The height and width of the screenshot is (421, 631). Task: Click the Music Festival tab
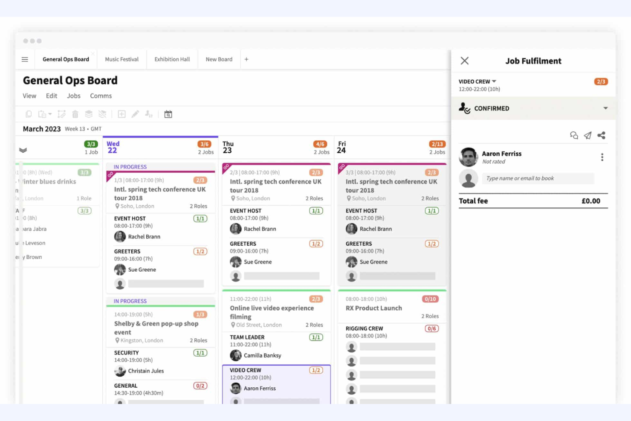[x=122, y=59]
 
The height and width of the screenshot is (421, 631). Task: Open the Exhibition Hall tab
[x=172, y=59]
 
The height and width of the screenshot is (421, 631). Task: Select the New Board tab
[x=219, y=59]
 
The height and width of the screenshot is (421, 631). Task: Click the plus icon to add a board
[x=246, y=59]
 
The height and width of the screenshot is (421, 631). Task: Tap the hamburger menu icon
[x=25, y=59]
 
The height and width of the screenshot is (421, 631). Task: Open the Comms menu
[x=101, y=96]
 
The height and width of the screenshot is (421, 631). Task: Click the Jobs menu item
[x=73, y=96]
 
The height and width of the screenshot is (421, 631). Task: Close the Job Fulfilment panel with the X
[x=464, y=61]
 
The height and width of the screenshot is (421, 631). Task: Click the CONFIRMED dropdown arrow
[x=605, y=108]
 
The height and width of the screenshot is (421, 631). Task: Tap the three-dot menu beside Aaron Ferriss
[x=602, y=157]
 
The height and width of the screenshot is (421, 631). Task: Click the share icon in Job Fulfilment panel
[x=601, y=136]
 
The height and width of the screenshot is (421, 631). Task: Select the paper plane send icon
[x=588, y=136]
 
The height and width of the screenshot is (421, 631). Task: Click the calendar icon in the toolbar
[x=168, y=114]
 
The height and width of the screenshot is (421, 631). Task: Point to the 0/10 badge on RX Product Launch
[x=430, y=299]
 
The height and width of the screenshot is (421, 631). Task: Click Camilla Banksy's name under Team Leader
[x=262, y=355]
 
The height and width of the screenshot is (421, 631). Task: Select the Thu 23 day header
[x=228, y=147]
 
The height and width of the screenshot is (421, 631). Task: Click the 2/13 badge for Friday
[x=437, y=144]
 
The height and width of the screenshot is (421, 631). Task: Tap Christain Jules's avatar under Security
[x=120, y=371]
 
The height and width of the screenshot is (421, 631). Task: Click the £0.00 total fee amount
[x=590, y=201]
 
